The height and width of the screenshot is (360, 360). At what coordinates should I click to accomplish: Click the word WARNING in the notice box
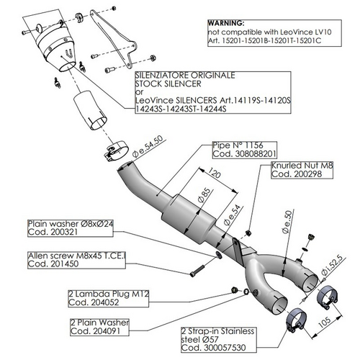coord(228,24)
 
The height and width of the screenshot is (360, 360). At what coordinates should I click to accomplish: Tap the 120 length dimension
coord(213,174)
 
